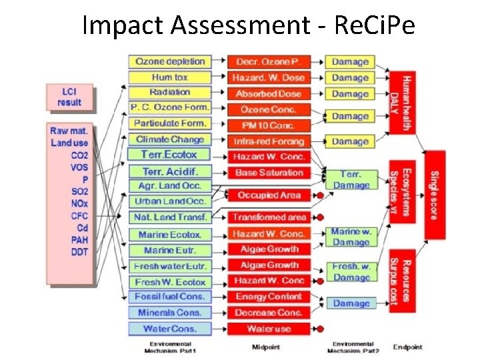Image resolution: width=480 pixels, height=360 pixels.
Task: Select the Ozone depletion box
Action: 170,61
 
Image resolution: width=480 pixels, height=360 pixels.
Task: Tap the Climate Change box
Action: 170,139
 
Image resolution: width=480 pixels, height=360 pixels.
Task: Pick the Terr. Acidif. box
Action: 170,171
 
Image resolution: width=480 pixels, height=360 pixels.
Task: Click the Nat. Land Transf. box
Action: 170,217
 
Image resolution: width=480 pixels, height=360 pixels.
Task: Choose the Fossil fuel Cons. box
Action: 170,297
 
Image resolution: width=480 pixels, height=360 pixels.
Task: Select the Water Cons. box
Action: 170,329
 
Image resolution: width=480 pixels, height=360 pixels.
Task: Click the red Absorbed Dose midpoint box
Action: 269,94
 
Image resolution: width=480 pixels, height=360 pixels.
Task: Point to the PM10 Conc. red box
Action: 269,125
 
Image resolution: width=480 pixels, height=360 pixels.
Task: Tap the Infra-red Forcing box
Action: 269,141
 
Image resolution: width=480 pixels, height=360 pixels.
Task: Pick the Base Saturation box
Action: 269,173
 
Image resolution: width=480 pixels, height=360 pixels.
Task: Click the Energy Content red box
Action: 269,297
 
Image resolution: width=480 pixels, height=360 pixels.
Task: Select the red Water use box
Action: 269,329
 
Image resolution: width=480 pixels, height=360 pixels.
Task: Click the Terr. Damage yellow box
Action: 351,180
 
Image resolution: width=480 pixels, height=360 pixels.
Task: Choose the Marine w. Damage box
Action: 351,237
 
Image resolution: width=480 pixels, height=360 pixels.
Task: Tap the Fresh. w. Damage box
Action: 351,272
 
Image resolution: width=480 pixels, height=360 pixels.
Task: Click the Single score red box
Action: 435,195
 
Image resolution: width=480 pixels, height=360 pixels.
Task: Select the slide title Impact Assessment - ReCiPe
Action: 249,25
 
